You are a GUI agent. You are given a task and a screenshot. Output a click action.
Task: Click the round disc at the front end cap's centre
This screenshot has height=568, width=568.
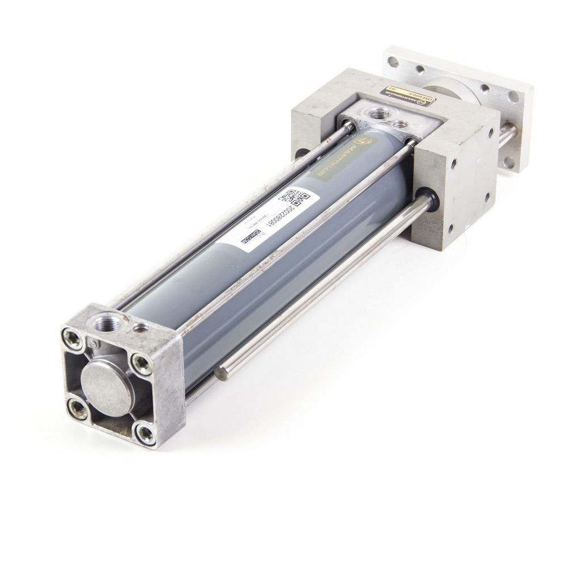[x=107, y=386]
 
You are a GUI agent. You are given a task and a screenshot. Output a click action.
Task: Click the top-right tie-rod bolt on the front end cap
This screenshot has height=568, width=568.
[x=141, y=364]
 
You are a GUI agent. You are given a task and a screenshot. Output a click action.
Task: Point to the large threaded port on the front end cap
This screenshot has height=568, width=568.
[x=108, y=324]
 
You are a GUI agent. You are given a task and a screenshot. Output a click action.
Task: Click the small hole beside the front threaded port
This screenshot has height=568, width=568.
[x=140, y=328]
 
